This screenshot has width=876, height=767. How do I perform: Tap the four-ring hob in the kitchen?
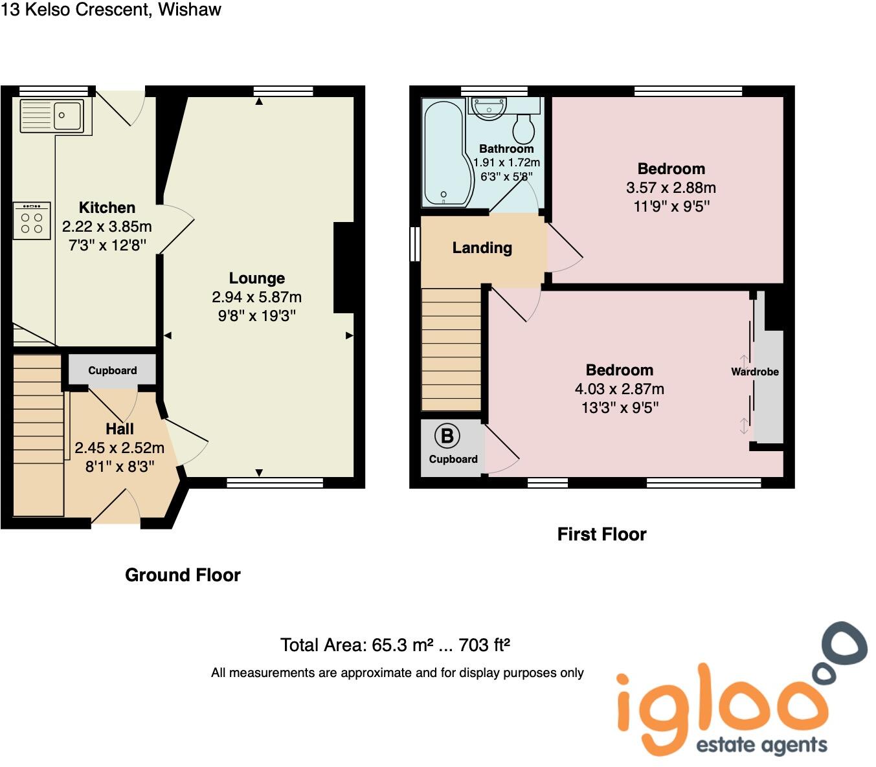pos(32,221)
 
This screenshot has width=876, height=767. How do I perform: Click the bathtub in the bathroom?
pos(443,153)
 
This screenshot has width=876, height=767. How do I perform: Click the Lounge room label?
pos(257,278)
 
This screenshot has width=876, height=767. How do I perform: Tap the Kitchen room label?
pos(107,208)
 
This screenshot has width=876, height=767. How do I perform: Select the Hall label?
pos(120,429)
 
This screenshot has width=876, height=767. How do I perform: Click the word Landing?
pos(482,248)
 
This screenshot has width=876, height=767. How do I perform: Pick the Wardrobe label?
pos(754,372)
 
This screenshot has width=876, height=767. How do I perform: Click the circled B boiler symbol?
pos(447,436)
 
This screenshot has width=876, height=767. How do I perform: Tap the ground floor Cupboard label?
pos(112,370)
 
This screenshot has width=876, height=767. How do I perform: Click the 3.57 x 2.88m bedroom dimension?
pos(671,188)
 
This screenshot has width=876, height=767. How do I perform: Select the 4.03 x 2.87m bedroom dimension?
pos(619,389)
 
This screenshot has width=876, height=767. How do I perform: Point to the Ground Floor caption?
pos(183,575)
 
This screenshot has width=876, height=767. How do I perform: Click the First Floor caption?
pos(601,534)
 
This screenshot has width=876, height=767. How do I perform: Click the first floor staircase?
pos(451,349)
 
